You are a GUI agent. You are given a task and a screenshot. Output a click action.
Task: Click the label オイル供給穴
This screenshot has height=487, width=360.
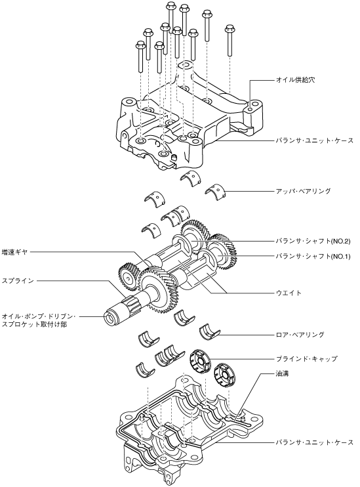coord(296,80)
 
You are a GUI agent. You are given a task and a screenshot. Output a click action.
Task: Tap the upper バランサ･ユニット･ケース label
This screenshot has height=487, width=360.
coord(315,140)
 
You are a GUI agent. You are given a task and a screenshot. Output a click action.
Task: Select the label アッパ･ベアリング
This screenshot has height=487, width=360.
coord(304,191)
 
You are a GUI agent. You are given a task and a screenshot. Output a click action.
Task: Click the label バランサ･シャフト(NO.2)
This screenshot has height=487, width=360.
coord(313,241)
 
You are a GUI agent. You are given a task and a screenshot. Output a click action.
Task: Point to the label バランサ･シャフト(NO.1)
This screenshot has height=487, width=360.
coord(313,256)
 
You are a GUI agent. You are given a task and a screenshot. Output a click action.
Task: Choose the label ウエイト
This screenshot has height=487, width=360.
coord(289,293)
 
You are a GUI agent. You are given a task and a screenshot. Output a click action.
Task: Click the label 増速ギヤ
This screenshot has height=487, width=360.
coord(15,252)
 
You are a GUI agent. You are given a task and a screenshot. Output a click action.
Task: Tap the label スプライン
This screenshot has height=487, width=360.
coord(18,281)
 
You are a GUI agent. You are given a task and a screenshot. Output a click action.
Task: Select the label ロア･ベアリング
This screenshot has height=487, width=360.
coord(300,335)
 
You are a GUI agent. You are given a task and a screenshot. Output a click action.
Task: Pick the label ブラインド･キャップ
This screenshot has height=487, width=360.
coord(307,359)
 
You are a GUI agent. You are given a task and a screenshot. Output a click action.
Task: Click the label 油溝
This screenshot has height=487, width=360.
coord(283,373)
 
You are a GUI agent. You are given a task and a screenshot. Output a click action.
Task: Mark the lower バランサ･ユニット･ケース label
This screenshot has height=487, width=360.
coord(315,442)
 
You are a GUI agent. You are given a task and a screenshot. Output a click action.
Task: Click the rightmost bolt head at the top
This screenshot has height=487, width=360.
coord(230,29)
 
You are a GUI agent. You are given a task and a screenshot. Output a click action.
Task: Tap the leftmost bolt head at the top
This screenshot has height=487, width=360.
coord(140,46)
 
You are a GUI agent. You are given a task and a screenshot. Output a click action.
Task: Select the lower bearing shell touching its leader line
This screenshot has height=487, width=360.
coord(209,332)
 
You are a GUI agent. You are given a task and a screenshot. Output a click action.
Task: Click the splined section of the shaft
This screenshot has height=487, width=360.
coord(132,303)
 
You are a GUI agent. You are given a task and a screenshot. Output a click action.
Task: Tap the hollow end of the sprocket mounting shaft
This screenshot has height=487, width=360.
coord(111,318)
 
